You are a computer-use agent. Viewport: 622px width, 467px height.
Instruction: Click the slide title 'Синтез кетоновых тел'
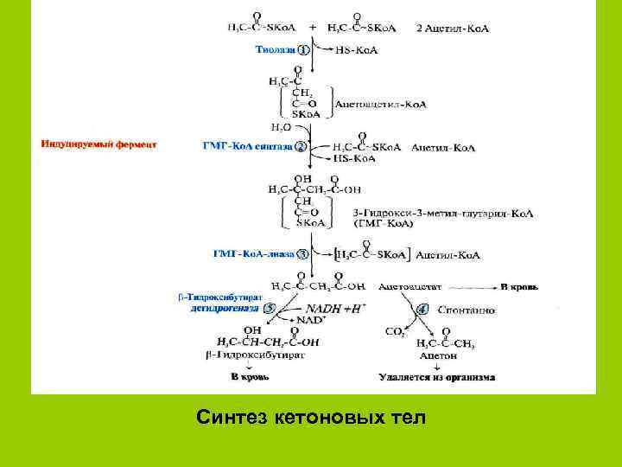coord(311,419)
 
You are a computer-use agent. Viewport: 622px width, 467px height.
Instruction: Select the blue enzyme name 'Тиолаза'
coord(274,50)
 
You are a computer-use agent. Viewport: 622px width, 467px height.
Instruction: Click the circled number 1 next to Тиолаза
coord(304,50)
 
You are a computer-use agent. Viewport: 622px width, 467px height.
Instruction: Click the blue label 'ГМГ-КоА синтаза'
coord(247,146)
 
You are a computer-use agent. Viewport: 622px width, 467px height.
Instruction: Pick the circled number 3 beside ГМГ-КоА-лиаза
coord(302,253)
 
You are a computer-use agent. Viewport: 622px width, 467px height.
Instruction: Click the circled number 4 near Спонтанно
coord(423,308)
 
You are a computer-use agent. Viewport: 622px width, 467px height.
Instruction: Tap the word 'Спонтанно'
coord(467,308)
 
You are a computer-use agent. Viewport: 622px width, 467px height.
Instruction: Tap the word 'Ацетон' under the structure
coord(432,355)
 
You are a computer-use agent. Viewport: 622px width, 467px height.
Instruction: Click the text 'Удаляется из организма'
coord(437,377)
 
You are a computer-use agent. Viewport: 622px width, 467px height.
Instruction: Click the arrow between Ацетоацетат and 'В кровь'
coord(472,285)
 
